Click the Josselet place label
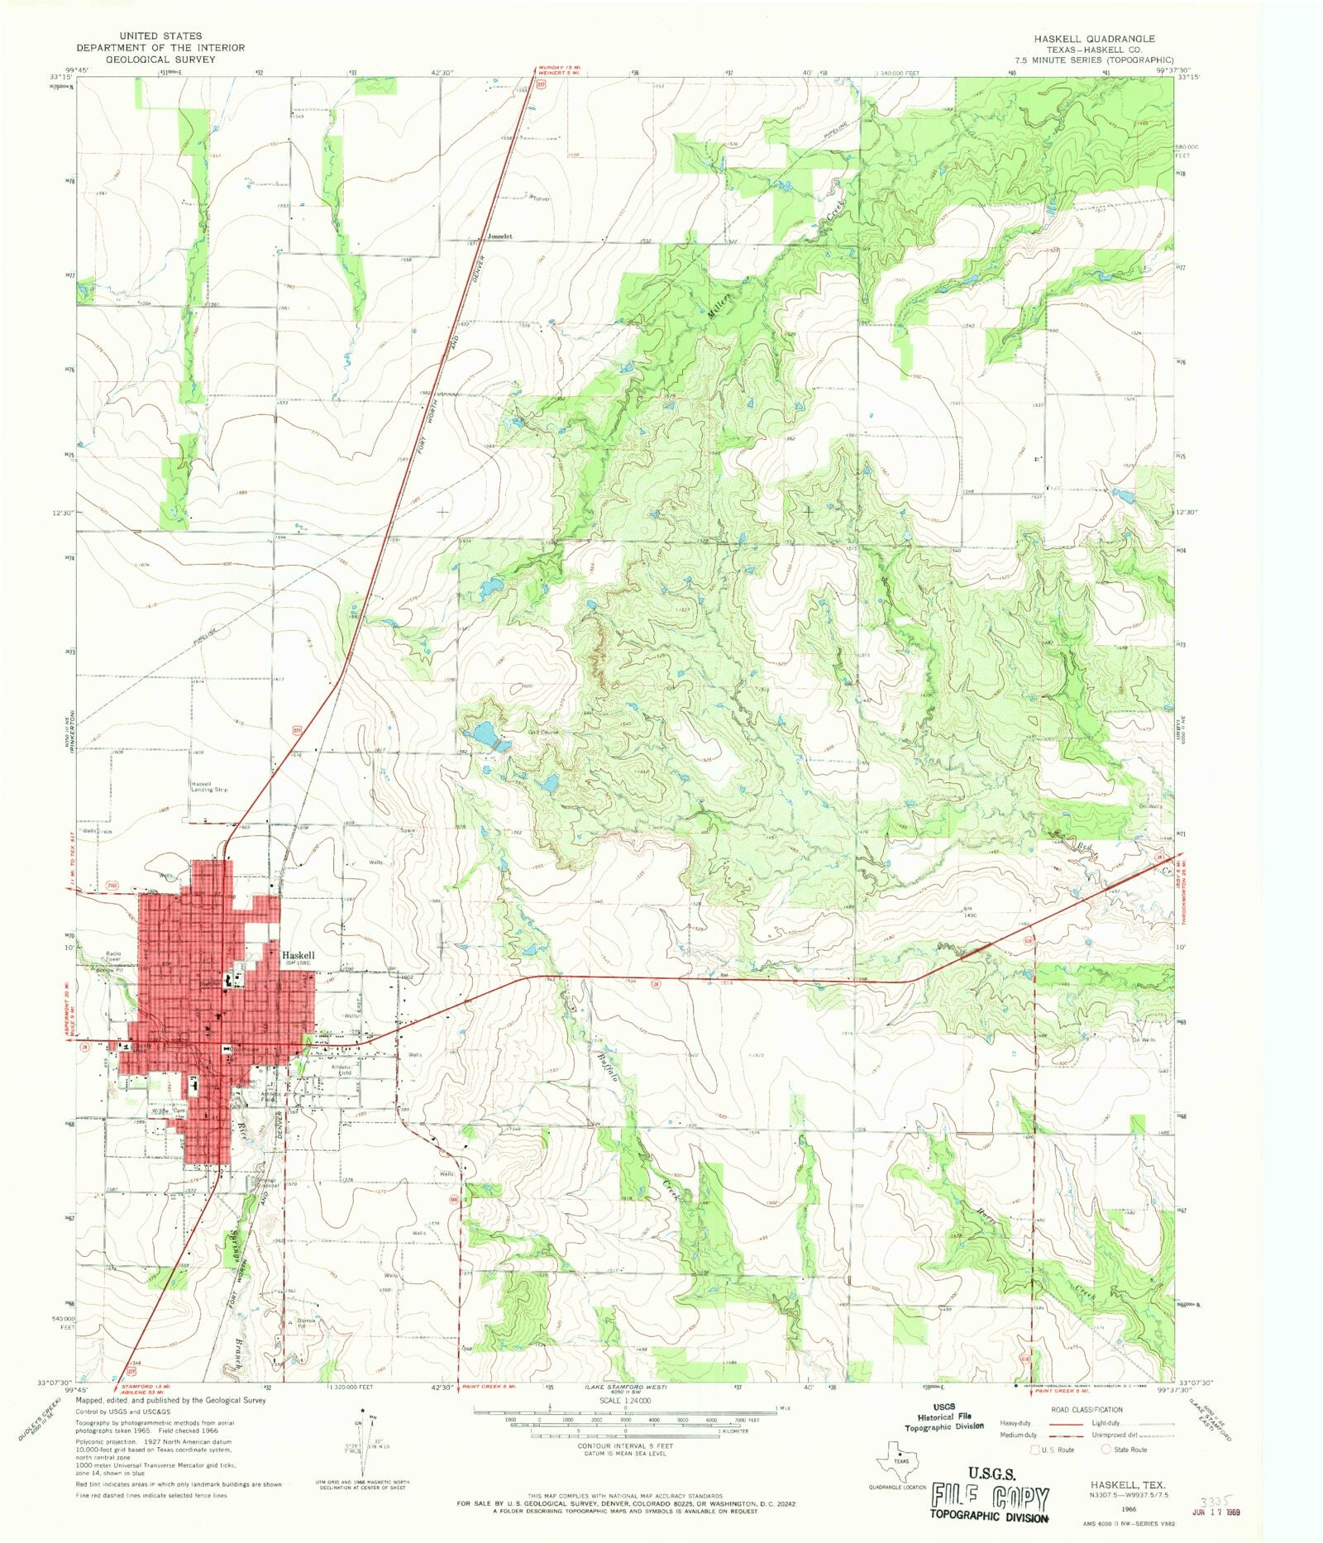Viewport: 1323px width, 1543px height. click(499, 236)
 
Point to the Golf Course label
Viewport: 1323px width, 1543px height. click(544, 733)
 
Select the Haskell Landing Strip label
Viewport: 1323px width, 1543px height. click(209, 786)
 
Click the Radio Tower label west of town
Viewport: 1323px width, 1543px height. click(113, 957)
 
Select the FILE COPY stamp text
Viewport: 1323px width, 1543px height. click(990, 1498)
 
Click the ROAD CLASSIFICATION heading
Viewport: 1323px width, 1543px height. click(1087, 1410)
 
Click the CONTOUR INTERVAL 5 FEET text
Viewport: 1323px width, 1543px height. click(625, 1446)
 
